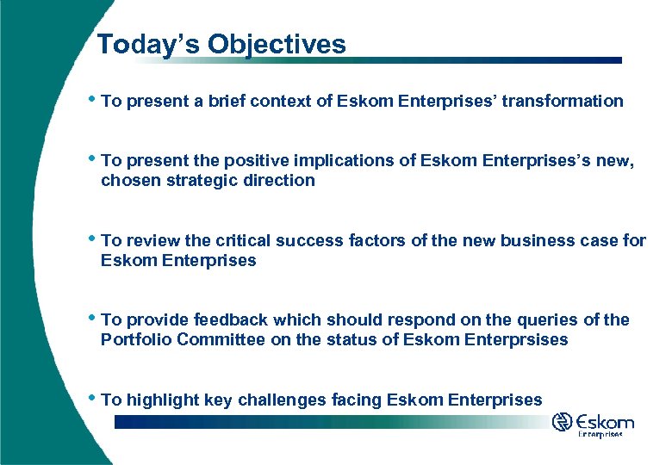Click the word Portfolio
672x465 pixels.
click(135, 339)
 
